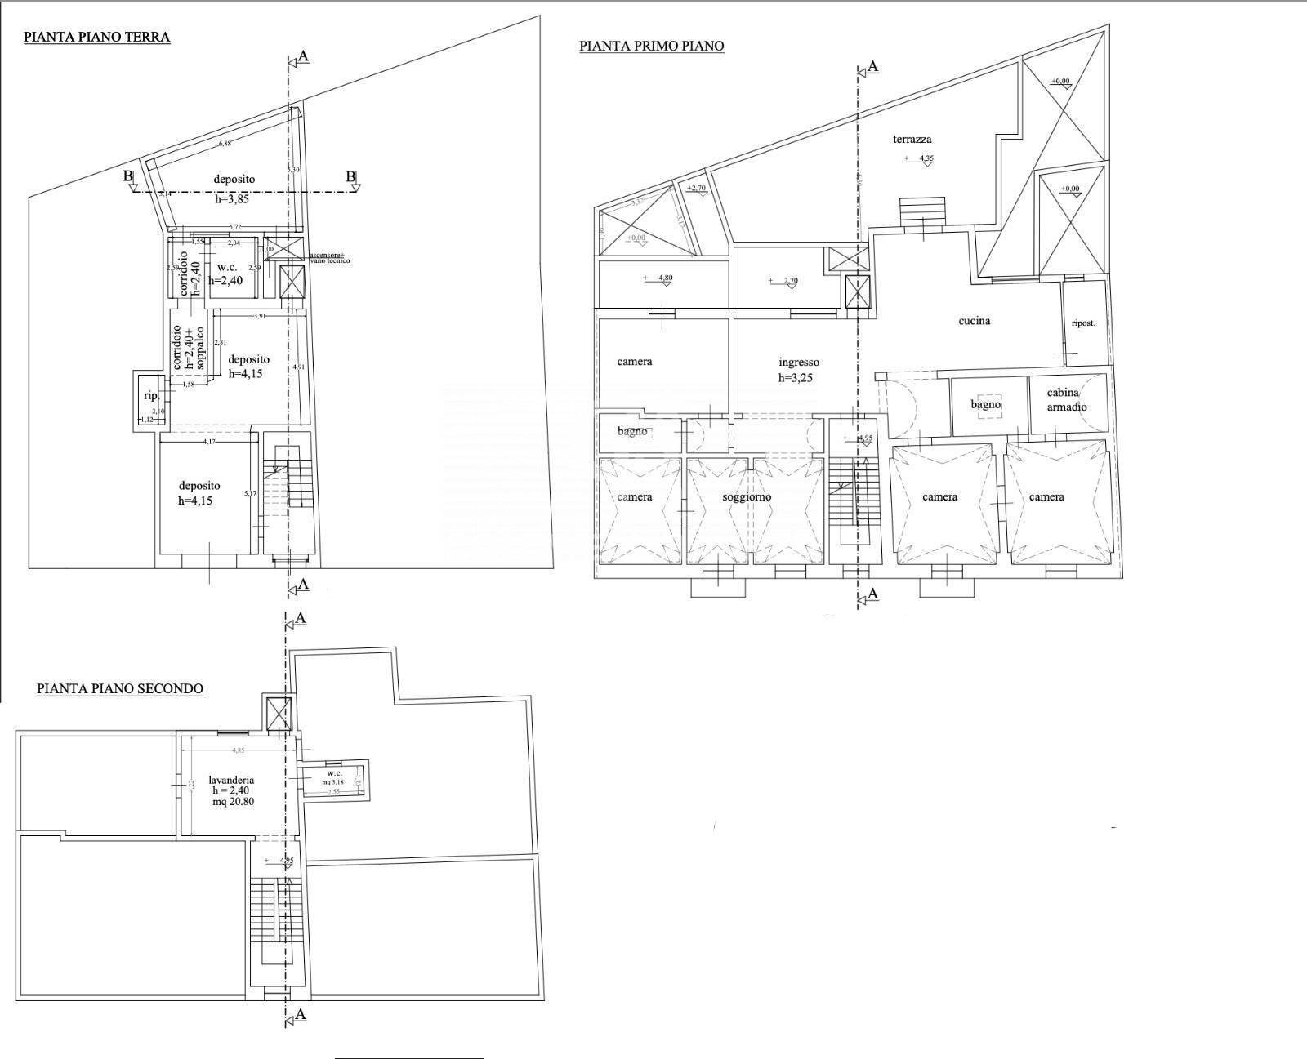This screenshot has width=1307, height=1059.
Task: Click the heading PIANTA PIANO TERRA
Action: click(96, 37)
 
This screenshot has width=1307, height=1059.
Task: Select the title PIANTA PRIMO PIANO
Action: click(651, 47)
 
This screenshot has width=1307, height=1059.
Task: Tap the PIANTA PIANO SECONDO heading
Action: click(119, 688)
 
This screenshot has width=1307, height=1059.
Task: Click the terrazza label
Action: click(912, 140)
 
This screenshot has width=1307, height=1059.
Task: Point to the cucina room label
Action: click(974, 321)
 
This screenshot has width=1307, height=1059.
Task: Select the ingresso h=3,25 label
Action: click(798, 369)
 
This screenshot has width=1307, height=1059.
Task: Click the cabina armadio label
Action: click(1067, 400)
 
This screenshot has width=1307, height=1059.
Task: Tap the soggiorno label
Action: click(746, 496)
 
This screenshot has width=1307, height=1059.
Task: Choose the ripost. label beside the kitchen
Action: click(1082, 323)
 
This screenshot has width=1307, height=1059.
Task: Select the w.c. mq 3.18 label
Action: click(334, 777)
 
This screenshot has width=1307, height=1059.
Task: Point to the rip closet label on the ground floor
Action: click(150, 396)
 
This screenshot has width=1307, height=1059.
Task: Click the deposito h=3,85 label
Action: click(234, 187)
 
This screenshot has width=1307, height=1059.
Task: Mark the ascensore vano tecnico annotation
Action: click(328, 258)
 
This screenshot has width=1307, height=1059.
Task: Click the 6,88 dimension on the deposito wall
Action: click(224, 144)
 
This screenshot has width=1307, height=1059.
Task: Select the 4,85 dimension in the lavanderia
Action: click(238, 750)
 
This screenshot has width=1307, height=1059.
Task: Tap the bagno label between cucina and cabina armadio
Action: click(985, 404)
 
